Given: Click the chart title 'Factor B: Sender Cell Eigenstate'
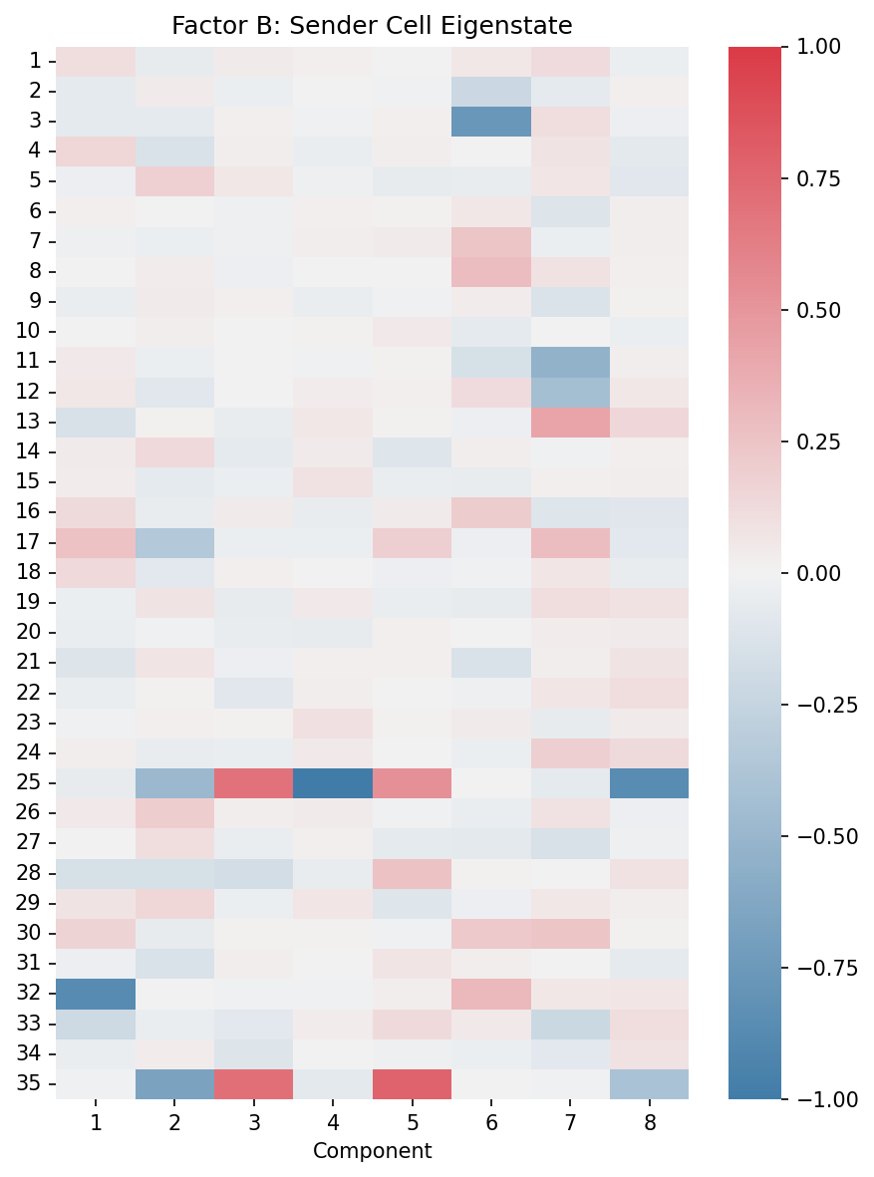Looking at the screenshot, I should tap(372, 25).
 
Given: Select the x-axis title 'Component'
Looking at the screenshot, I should tap(372, 1151).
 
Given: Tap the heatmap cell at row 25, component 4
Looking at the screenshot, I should tap(332, 783).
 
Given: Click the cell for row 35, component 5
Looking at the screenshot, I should tap(412, 1083).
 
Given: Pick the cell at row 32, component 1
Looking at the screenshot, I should tap(95, 994).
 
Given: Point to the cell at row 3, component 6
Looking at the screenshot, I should tap(490, 122).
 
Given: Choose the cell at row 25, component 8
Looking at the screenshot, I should tap(649, 783).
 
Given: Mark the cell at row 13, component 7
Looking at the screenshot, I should tap(569, 422).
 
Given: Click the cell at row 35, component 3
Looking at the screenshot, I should tap(253, 1083).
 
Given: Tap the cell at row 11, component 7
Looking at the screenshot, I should tap(569, 362).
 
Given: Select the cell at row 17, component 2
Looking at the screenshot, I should tap(174, 542).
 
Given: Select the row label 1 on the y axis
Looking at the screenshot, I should tap(37, 62).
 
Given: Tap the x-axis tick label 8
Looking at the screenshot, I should tap(649, 1123).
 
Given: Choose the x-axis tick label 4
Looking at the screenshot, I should tap(332, 1123).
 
